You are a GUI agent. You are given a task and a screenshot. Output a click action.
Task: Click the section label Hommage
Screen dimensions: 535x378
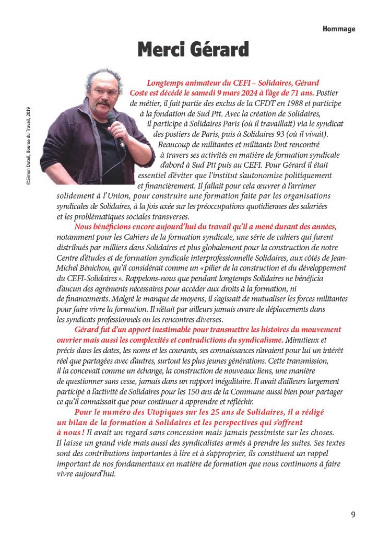338,29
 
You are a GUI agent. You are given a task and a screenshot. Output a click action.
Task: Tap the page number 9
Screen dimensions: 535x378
353,515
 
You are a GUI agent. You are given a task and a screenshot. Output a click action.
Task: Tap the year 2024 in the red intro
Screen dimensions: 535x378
228,92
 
